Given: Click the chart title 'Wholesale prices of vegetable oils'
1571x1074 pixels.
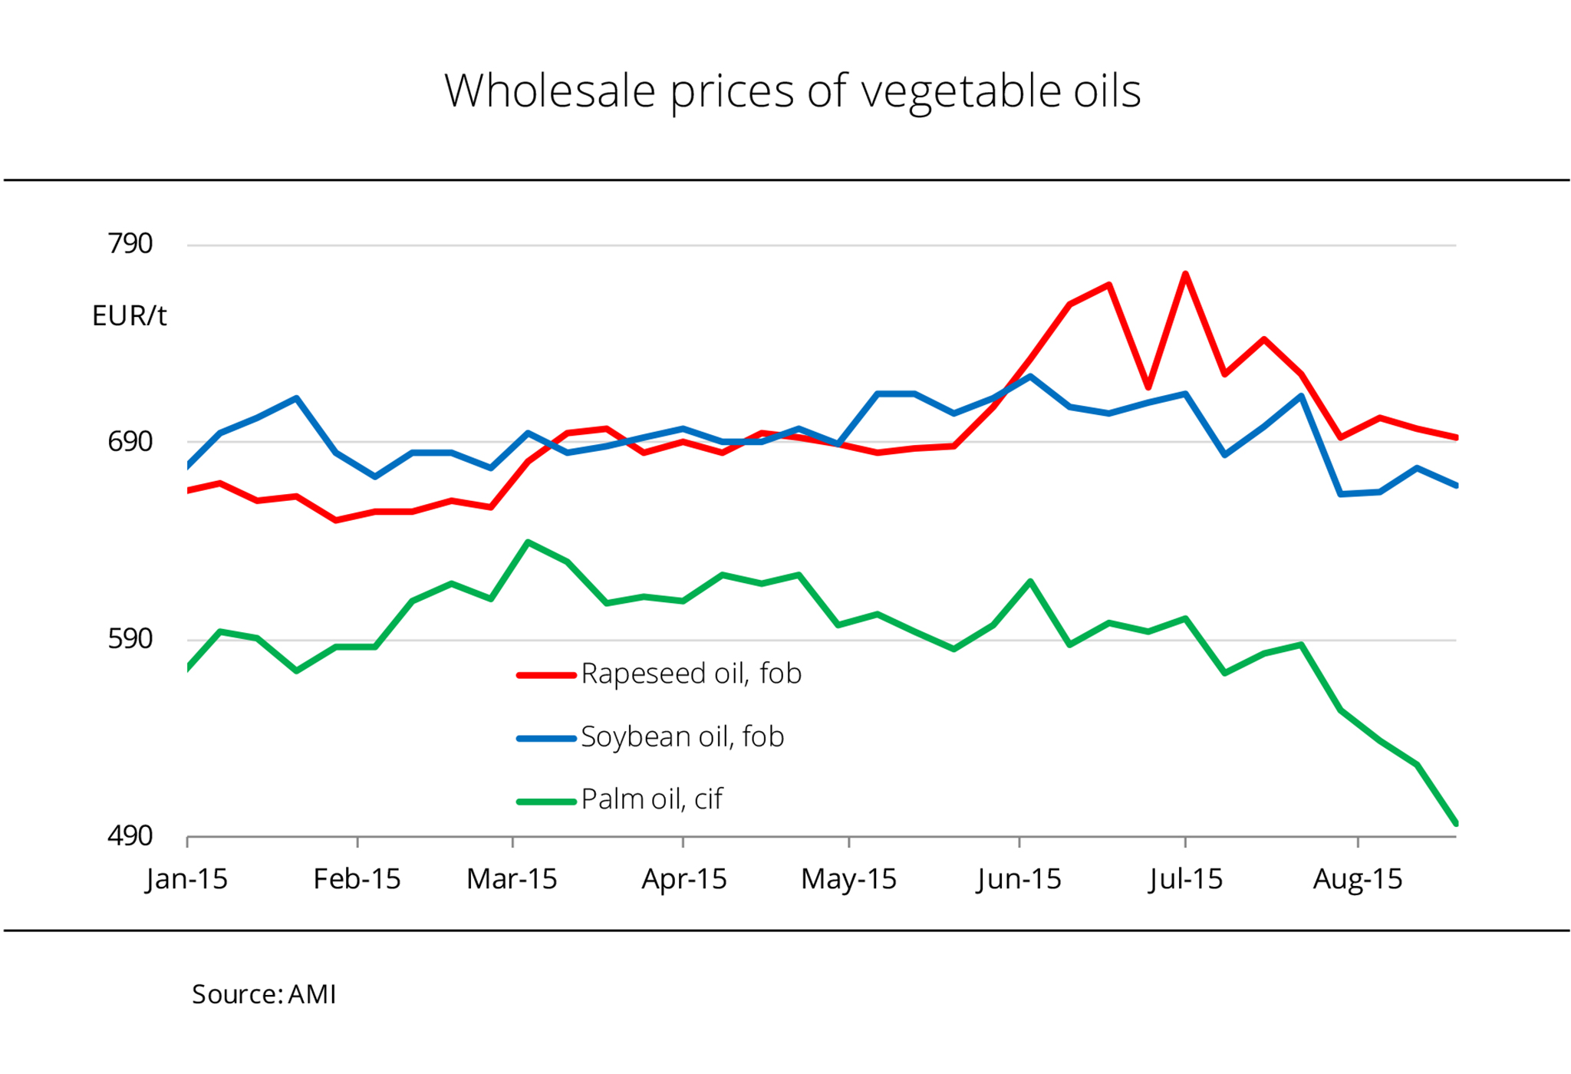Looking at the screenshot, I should [792, 91].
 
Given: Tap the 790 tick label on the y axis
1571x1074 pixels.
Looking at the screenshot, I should [130, 244].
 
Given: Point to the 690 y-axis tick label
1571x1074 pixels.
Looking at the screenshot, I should [130, 441].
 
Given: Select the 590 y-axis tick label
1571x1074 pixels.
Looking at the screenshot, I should [130, 638].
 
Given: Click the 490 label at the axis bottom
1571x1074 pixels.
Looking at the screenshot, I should [130, 835].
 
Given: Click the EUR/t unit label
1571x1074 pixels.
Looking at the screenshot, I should [129, 315].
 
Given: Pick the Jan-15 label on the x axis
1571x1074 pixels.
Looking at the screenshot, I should [186, 878].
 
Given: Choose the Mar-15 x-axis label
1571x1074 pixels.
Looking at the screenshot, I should [512, 878].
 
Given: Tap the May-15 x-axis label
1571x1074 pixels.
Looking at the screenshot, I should [848, 878].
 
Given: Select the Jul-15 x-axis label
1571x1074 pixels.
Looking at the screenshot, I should [1185, 878].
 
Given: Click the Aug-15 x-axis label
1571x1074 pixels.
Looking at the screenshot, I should [1357, 878].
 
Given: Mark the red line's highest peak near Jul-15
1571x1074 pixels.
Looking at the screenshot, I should [1185, 274].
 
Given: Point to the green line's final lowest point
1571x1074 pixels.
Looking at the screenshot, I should [1455, 823].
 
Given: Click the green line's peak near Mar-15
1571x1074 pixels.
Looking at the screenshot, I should [528, 542].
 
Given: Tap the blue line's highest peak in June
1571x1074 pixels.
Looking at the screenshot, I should [1030, 377].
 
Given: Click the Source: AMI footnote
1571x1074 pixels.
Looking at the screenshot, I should [264, 994].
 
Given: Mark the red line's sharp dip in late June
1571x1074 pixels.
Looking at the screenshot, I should [1148, 387].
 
